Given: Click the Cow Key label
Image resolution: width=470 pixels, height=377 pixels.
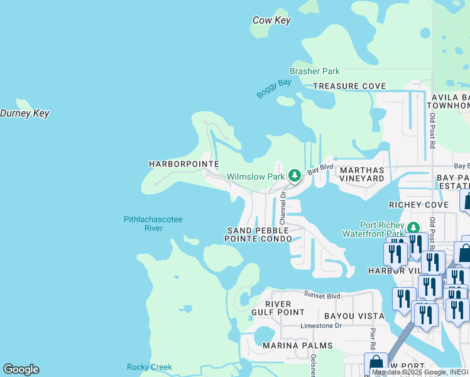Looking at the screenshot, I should coord(271,20).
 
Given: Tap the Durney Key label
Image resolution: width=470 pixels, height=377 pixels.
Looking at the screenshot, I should coord(25,114).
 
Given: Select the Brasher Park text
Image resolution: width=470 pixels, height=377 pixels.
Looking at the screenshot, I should coord(314,72).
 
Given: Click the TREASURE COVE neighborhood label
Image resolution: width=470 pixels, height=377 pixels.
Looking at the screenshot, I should coord(349,86).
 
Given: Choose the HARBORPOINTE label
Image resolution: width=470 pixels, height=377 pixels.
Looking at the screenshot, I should coord(183,164).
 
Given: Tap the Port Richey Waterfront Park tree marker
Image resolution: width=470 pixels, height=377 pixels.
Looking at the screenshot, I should coord(413,227).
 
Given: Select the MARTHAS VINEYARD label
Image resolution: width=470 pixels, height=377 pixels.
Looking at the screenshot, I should coord(361,174).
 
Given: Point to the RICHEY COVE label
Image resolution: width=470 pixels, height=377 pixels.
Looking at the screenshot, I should coord(418,205).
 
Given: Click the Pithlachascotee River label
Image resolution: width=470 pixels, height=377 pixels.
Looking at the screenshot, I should coord(153,224).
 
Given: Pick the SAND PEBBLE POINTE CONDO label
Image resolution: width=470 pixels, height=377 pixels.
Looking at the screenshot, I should coord(258,235).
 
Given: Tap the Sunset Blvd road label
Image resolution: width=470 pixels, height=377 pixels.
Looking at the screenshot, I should coord(322,295).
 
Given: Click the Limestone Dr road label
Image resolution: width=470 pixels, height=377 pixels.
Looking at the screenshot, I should coord(321,325).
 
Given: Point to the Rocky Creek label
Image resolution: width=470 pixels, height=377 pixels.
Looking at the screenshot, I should coord(149,367).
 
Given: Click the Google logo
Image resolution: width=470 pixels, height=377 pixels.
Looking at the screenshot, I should coord(21,369).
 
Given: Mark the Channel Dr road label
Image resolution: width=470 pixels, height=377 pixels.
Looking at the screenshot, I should coord(283,209).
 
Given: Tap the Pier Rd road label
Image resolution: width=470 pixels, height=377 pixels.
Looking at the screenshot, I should coord(373,337).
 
